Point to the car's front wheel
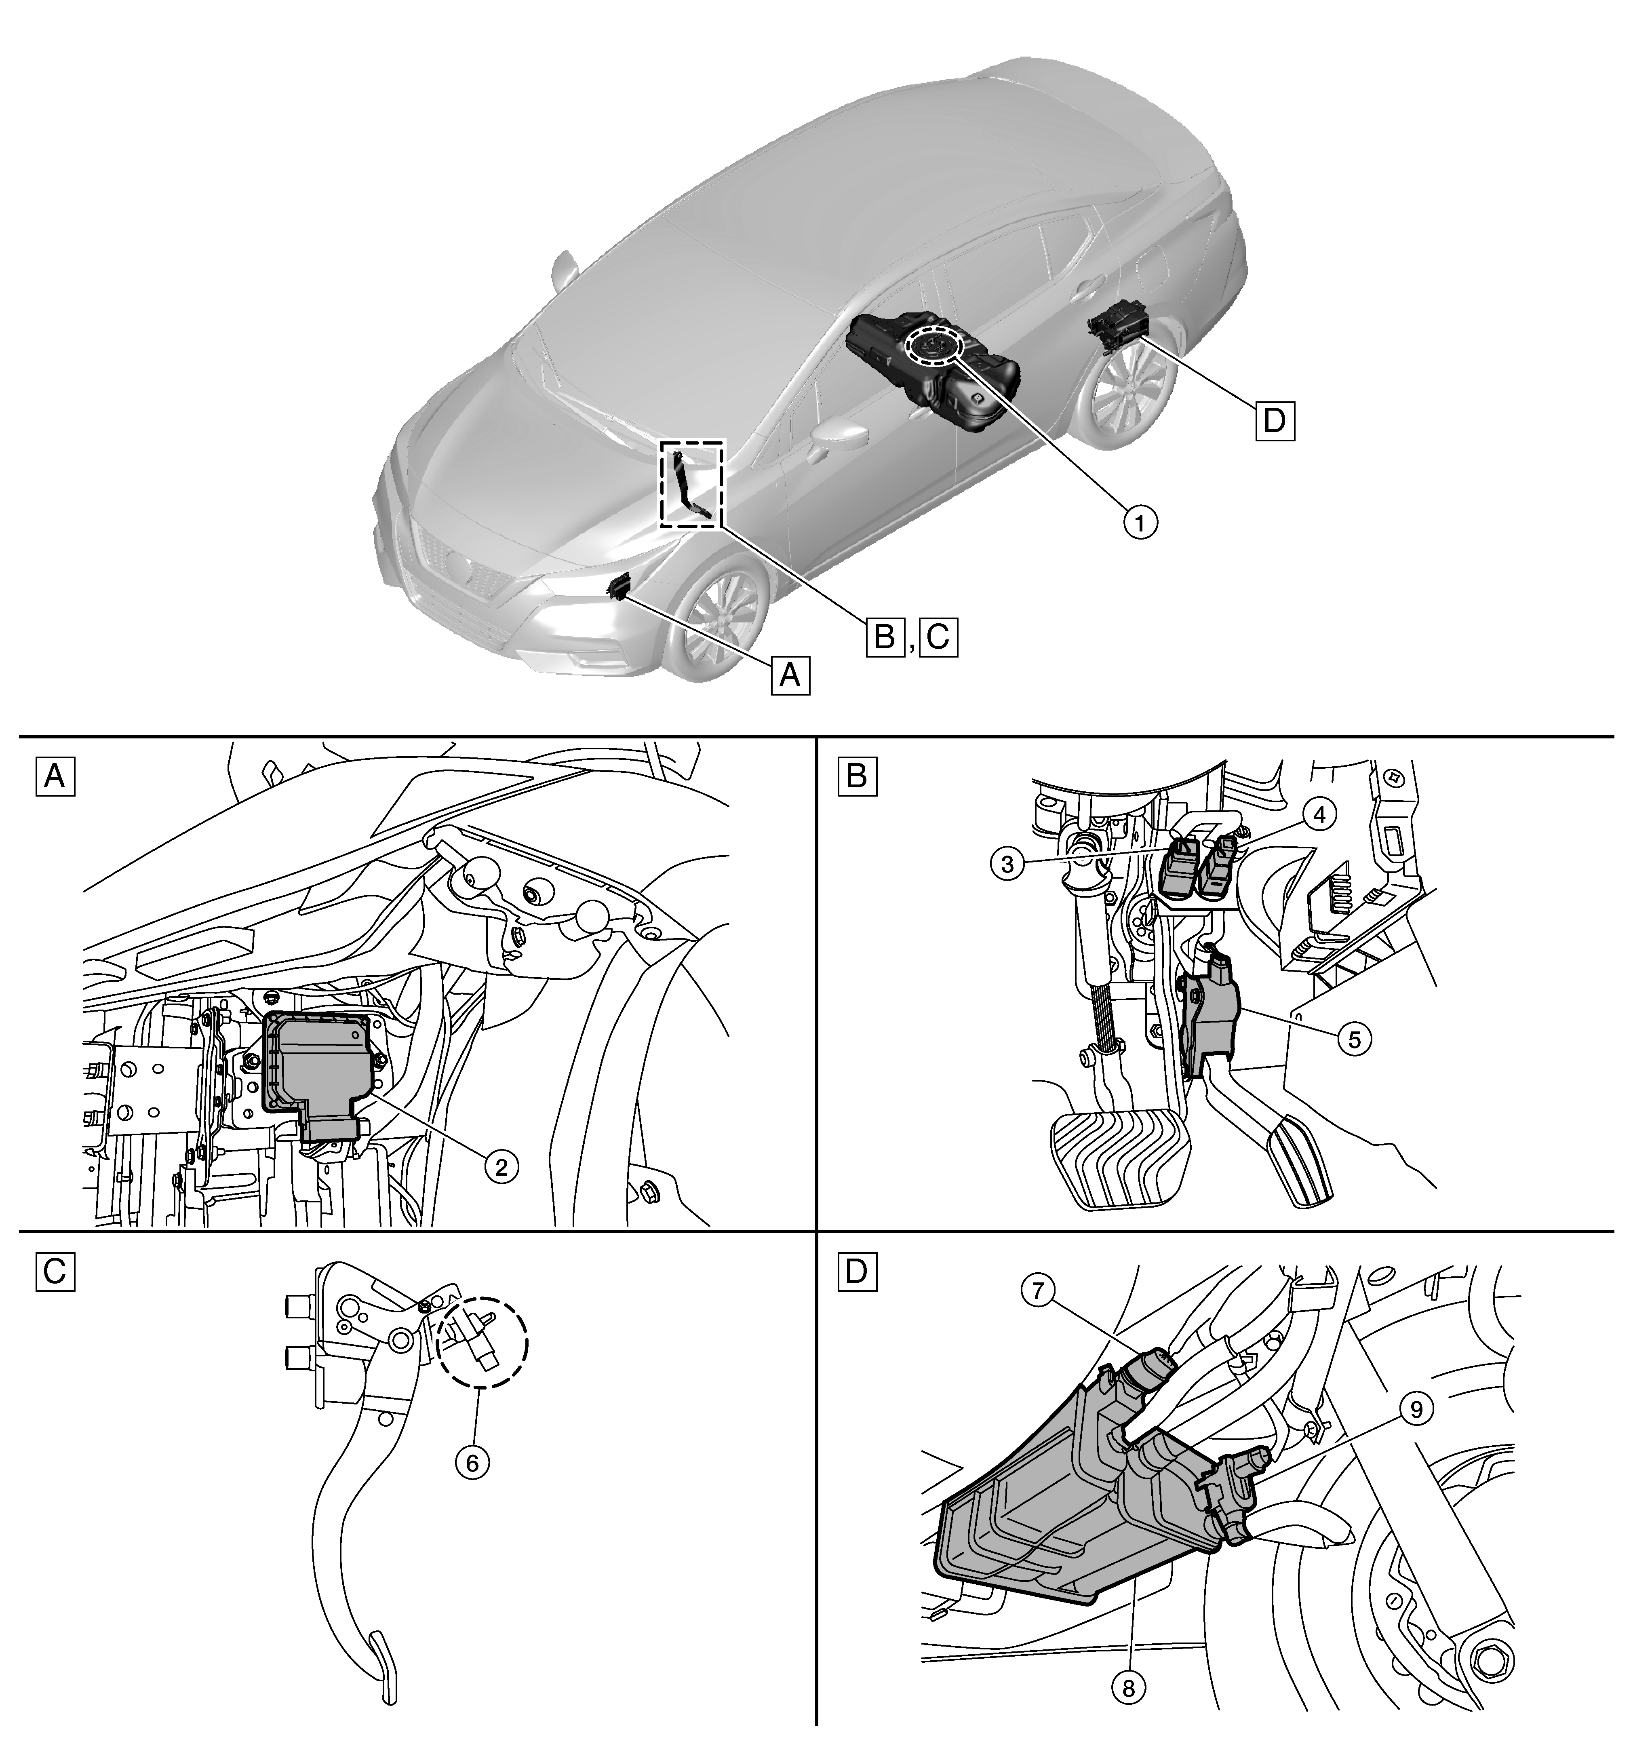(x=717, y=616)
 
